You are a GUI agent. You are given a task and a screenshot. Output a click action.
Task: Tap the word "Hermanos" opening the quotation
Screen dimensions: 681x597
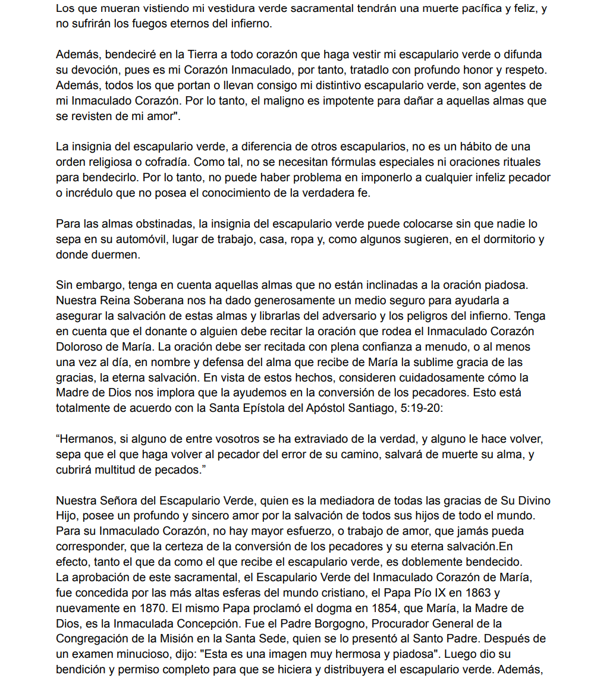86,439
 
